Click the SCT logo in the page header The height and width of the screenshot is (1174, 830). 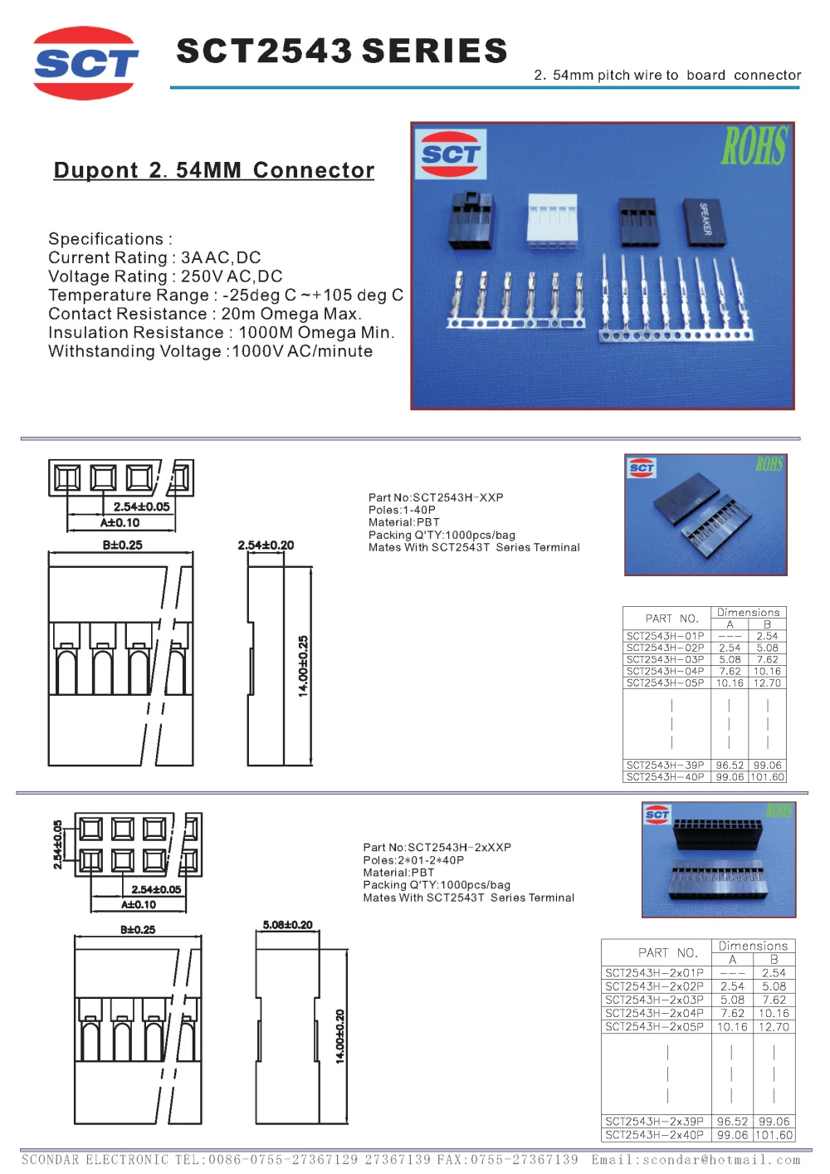(x=85, y=63)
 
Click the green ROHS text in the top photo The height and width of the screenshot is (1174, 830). (x=754, y=147)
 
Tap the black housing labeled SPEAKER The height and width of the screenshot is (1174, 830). (x=704, y=221)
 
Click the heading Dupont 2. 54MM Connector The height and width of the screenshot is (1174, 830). (x=214, y=170)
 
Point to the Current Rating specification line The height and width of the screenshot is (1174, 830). (x=154, y=257)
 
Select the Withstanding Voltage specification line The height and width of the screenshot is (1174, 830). (x=210, y=351)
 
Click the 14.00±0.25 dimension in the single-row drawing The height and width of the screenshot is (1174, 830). (x=303, y=666)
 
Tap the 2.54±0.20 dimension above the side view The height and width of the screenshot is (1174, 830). (x=266, y=545)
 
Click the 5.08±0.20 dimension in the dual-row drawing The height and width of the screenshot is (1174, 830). (x=287, y=925)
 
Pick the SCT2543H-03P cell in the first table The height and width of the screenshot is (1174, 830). (x=665, y=659)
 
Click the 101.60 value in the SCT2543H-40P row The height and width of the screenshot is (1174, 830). (x=767, y=777)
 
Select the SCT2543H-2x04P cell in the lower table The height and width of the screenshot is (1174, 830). (x=654, y=1013)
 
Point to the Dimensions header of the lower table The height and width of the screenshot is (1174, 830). (x=753, y=946)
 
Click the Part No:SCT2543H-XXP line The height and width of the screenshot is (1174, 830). (x=436, y=497)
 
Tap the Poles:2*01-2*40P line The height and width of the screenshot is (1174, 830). (x=413, y=860)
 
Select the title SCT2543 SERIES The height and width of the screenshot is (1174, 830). (x=341, y=51)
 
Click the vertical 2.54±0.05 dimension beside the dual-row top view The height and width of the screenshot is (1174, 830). (x=57, y=845)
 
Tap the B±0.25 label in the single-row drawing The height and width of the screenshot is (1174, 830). (x=122, y=545)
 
